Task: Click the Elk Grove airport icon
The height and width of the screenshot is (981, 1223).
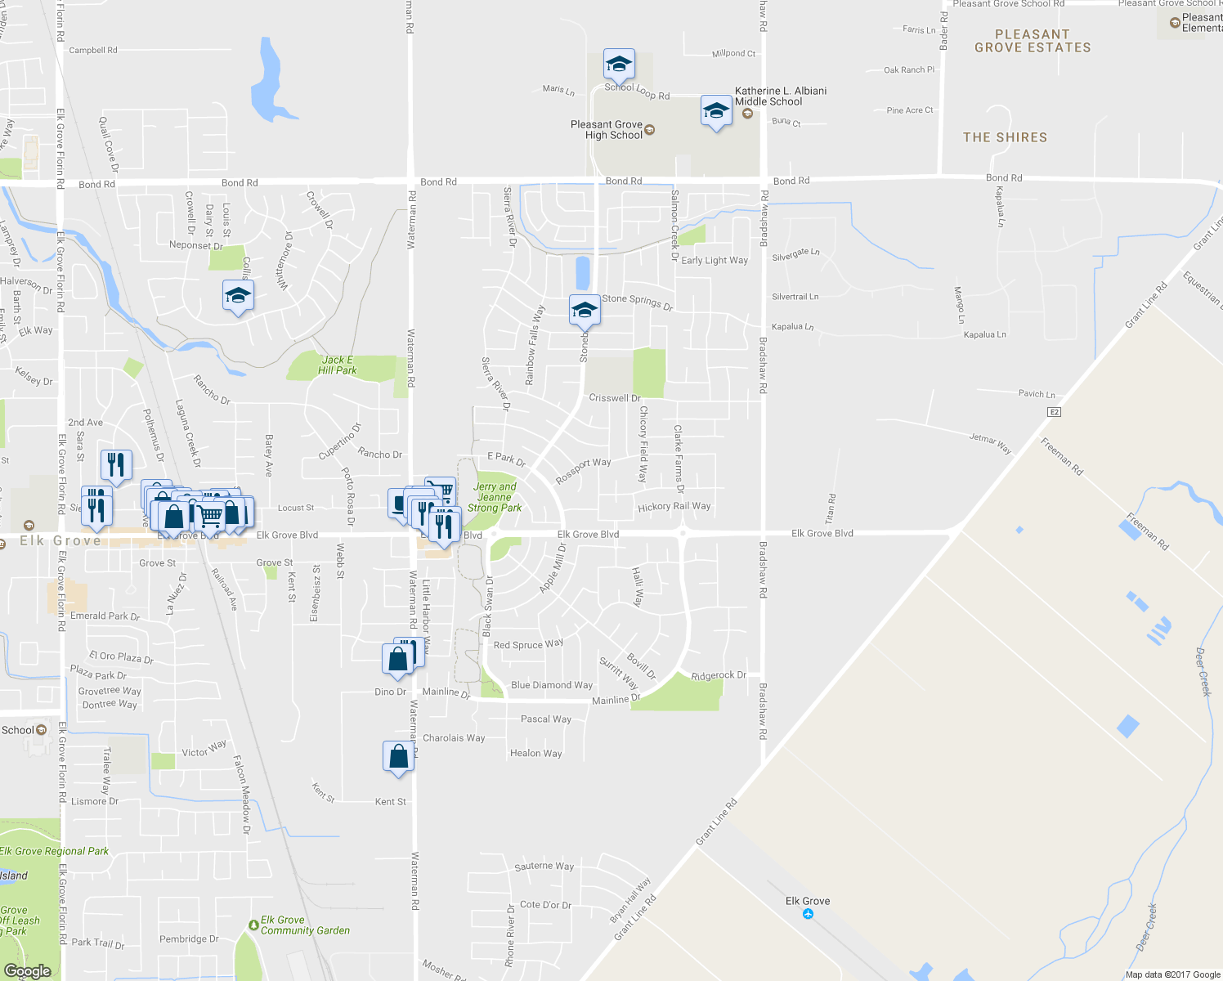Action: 808,914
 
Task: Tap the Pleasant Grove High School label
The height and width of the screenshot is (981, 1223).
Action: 607,130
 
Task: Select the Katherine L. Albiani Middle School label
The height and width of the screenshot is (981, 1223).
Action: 780,96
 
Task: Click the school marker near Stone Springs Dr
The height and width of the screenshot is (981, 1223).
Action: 585,311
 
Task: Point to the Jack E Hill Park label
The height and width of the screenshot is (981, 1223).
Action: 337,365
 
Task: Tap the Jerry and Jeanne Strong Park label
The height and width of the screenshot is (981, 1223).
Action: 495,497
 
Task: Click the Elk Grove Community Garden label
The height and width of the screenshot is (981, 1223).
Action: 304,925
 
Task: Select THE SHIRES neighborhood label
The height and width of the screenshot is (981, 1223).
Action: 1005,137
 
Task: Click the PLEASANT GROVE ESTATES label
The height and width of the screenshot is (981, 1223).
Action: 1033,41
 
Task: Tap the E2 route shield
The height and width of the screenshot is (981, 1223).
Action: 1055,412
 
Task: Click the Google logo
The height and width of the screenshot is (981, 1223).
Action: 27,970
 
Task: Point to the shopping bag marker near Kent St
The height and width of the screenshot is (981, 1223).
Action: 398,756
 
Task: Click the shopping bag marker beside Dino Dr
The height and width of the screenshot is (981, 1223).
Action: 397,660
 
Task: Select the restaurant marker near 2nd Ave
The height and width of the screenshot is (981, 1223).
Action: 116,465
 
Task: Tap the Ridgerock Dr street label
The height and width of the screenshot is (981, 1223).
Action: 719,675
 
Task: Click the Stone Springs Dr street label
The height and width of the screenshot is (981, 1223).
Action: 637,302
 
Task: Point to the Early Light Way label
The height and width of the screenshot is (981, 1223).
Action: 715,261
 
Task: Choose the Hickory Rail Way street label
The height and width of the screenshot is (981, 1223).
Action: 674,507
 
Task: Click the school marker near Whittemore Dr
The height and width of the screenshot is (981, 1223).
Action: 238,296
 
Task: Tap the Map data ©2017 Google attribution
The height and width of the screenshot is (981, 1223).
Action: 1172,974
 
